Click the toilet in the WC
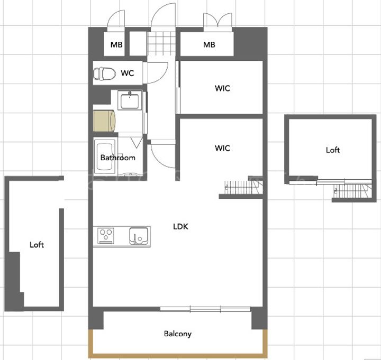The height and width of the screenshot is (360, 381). [x=104, y=73]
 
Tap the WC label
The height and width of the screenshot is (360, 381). [x=128, y=73]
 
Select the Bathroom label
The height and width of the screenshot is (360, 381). [x=118, y=158]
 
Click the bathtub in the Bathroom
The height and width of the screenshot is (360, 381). [x=105, y=156]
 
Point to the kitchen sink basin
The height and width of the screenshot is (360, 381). [x=139, y=236]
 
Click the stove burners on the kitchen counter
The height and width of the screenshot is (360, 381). [x=106, y=236]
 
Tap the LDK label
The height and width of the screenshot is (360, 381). [x=180, y=227]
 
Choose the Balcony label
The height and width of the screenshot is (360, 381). [x=178, y=334]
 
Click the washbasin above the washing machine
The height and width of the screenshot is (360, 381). [x=130, y=100]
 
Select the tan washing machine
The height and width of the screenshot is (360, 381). [x=104, y=121]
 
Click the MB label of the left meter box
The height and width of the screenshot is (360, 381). [x=116, y=44]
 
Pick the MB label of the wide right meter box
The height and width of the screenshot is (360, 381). [x=209, y=44]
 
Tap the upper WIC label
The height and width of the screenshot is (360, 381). [x=222, y=88]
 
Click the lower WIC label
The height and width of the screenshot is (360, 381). [x=222, y=148]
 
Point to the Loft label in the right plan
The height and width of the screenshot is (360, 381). [x=333, y=150]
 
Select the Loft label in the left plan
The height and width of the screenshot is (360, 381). [x=37, y=245]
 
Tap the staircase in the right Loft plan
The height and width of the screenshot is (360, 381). [x=353, y=191]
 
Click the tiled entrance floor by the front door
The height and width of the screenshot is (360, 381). [x=161, y=43]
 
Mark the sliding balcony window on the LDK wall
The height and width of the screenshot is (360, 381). [x=205, y=309]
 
